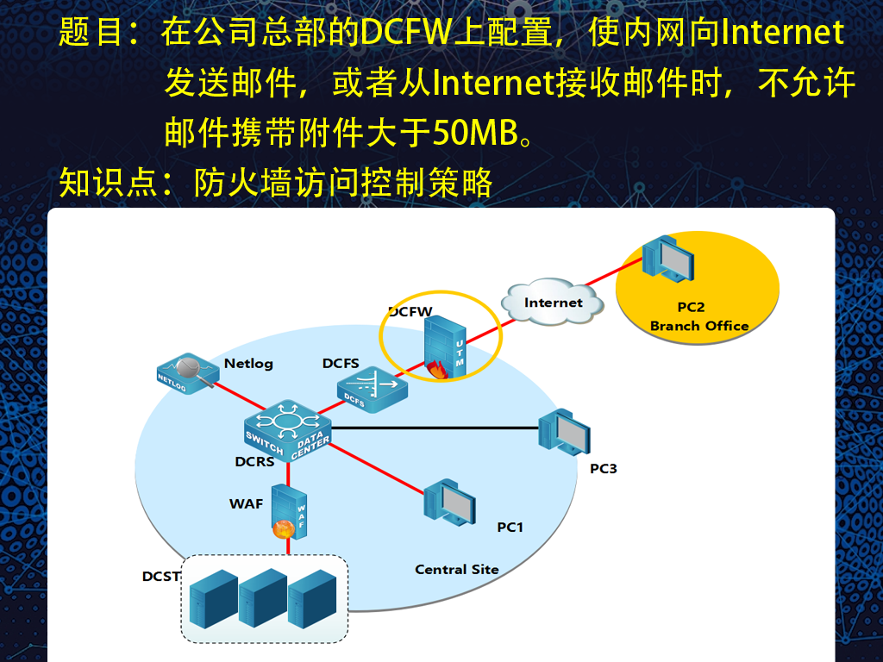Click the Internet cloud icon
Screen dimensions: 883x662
coord(553,302)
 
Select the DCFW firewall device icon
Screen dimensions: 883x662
coord(445,347)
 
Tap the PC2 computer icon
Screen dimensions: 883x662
coord(668,259)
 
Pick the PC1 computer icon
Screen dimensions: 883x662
coord(449,503)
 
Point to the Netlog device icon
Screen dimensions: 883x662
coord(187,372)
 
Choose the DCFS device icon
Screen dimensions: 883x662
coord(373,390)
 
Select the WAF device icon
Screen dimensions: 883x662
coord(290,512)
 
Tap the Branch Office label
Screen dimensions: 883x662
coord(698,326)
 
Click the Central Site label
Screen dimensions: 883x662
coord(457,569)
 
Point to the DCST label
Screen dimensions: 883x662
coord(161,577)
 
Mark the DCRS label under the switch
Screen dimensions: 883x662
coord(254,462)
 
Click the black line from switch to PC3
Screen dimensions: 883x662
coord(435,428)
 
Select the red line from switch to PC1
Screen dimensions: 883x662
coord(376,469)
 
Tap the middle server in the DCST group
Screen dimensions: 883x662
coord(263,598)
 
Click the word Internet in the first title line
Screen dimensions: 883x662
coord(783,32)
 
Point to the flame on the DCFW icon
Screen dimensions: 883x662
coord(437,370)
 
